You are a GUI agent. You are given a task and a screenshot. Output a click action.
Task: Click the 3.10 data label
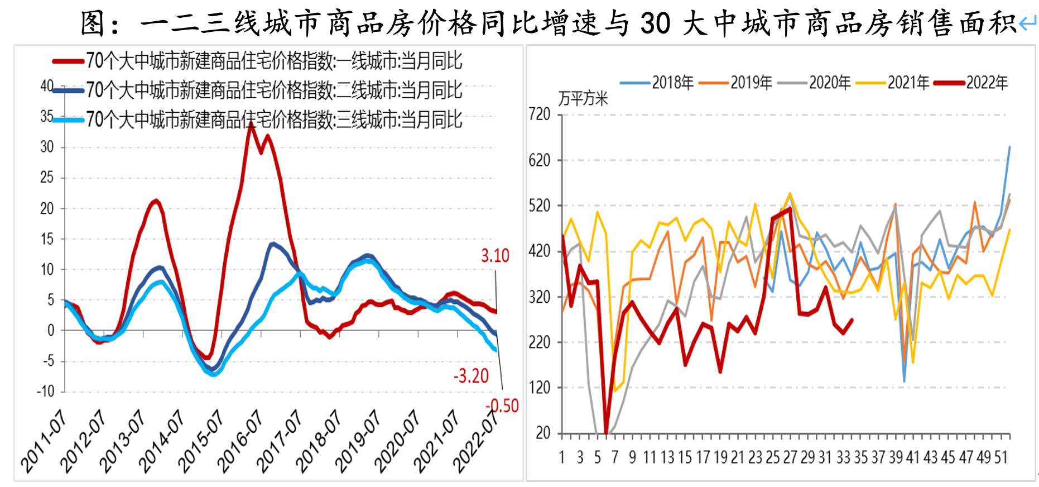pos(495,256)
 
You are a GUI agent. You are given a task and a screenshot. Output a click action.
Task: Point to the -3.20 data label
pos(471,376)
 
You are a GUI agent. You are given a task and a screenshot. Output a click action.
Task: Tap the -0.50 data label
pos(502,405)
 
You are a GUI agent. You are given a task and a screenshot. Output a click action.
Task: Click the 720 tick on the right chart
pos(539,114)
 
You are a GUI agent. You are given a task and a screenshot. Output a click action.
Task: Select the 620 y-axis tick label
pos(539,160)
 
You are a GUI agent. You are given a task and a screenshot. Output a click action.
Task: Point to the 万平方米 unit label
pos(583,99)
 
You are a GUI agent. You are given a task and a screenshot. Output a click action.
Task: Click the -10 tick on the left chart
pos(46,391)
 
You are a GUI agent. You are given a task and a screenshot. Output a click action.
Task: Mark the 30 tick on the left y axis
pos(47,147)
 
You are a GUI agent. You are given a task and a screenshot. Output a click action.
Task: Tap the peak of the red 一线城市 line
pos(252,125)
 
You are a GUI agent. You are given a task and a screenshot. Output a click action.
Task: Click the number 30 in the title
pos(655,23)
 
